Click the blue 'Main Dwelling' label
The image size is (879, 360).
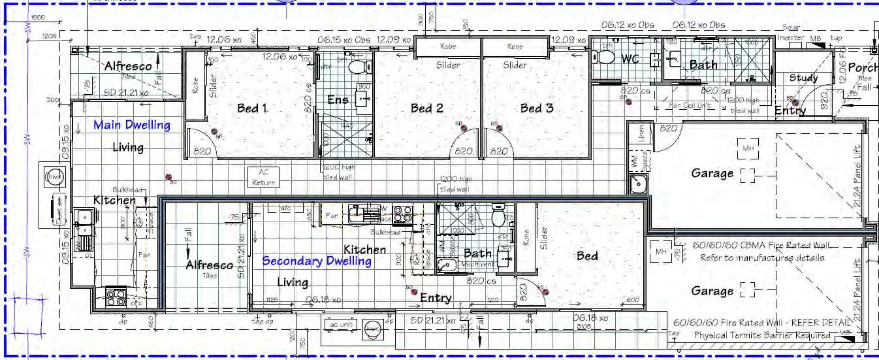131,125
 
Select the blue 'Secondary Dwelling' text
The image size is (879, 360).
317,261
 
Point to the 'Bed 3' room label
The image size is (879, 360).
537,108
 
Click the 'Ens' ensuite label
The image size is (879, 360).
338,100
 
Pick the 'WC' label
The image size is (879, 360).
630,59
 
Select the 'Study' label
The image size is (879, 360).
803,78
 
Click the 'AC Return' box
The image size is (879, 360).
264,177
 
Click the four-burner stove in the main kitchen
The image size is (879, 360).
116,297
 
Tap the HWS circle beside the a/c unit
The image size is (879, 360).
373,329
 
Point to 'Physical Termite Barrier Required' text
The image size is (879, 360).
761,335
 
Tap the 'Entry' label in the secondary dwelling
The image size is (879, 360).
436,298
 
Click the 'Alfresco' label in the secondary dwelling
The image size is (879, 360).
209,265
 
